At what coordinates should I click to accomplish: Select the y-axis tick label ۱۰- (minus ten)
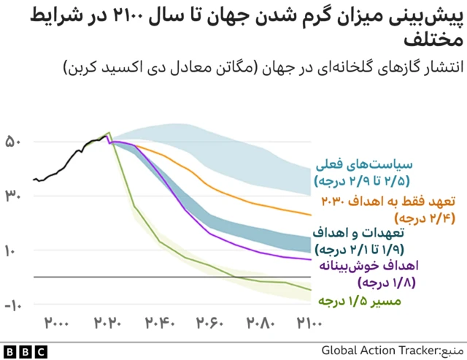(x=13, y=305)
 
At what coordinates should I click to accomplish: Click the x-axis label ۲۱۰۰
(x=312, y=322)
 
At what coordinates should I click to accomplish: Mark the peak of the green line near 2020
(x=109, y=133)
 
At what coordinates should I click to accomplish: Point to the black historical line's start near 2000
(x=34, y=179)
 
